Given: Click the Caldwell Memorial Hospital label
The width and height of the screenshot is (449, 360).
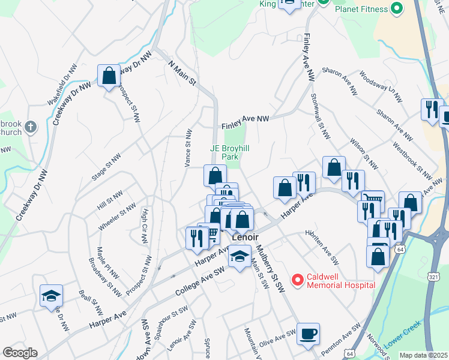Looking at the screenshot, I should click(x=341, y=280).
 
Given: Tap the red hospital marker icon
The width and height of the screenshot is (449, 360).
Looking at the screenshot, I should click(x=297, y=280).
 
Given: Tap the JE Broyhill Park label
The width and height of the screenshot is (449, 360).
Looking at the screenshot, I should click(x=226, y=152).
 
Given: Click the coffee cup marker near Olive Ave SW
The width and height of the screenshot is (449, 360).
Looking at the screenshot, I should click(x=309, y=334).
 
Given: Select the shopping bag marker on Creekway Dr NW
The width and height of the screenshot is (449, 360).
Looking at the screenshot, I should click(x=109, y=76).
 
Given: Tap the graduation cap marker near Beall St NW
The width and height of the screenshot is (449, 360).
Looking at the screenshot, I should click(x=51, y=296).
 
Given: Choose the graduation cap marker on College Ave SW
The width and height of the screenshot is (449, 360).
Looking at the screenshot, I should click(x=239, y=258).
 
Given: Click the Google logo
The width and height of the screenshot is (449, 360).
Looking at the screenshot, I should click(x=20, y=353).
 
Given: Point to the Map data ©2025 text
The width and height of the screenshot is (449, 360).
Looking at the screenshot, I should click(x=423, y=355).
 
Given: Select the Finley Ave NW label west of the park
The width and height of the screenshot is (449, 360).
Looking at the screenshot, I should click(x=245, y=122).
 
